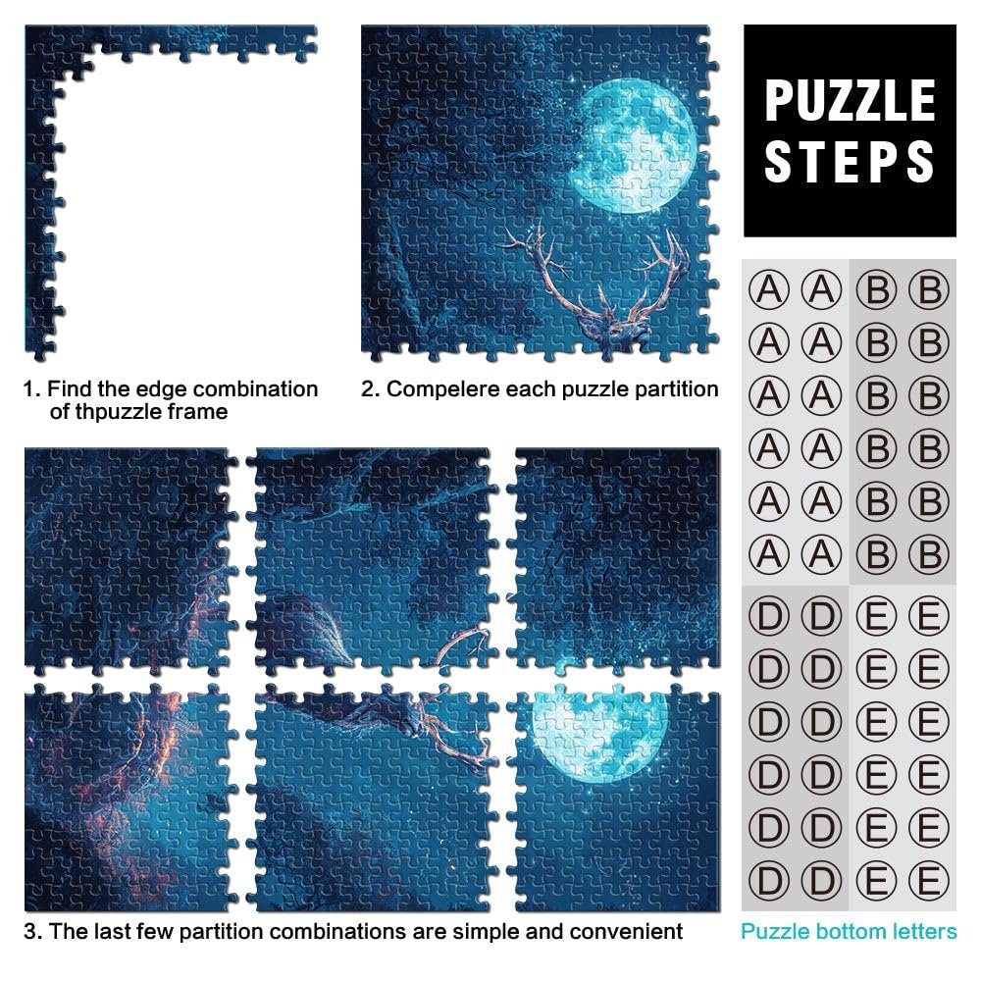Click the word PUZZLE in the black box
850,100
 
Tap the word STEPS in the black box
850,162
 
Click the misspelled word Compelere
443,389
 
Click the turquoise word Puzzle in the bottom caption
775,931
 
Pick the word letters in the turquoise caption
922,931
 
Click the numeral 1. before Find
31,389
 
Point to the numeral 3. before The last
33,931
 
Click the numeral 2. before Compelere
371,389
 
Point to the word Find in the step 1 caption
69,389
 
